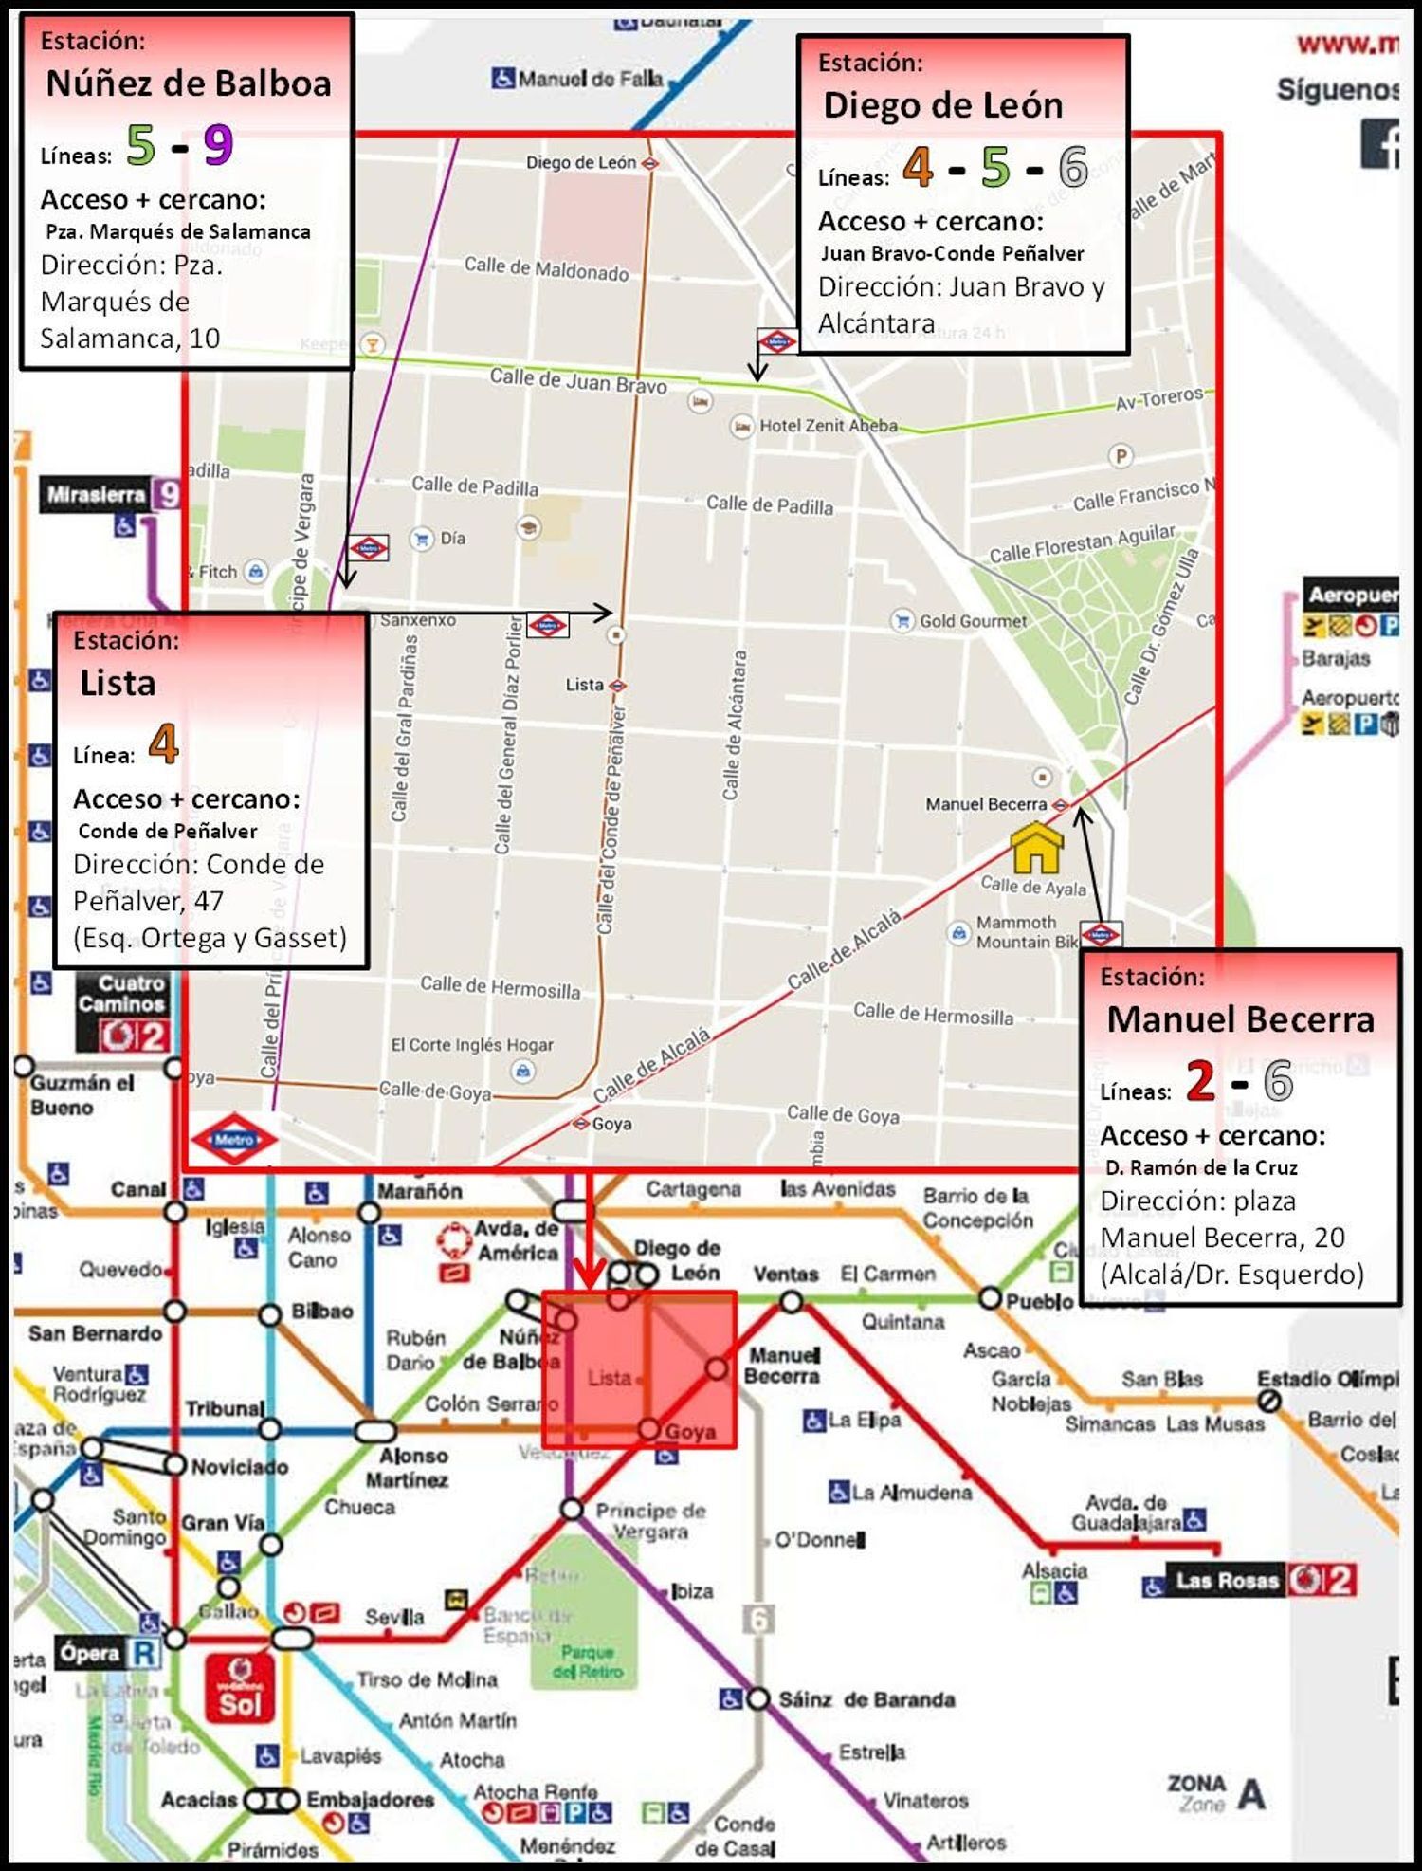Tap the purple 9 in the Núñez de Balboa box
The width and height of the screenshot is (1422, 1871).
pos(218,145)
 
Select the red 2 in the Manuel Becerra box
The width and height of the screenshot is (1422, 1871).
pos(1200,1080)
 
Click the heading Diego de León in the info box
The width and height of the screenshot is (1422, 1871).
pos(942,105)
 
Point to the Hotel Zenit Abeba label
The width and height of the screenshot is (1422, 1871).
pos(828,426)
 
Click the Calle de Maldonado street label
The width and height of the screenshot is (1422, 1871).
pos(546,269)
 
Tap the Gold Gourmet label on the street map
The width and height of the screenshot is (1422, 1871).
pos(973,621)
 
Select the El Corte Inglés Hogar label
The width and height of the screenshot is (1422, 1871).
pos(472,1045)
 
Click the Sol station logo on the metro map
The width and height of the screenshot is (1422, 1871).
pos(240,1688)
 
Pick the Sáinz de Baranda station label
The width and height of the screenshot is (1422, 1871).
pos(866,1699)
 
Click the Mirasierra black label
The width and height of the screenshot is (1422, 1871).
pos(96,494)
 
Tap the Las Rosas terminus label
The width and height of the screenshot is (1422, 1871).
pos(1227,1581)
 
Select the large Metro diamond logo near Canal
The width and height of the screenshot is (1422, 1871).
pos(233,1139)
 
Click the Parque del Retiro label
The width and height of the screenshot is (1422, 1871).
pos(588,1661)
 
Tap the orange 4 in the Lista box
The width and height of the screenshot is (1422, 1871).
pos(163,744)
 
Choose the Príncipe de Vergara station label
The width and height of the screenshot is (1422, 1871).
pos(650,1520)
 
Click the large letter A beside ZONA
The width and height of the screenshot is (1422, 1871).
pos(1251,1794)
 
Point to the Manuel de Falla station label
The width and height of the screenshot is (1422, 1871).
pos(590,79)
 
